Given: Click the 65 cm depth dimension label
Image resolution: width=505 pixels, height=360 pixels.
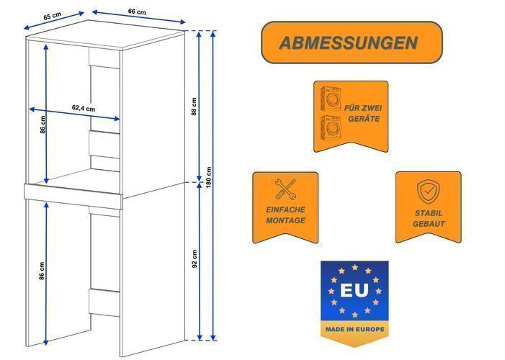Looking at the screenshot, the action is [x=52, y=16].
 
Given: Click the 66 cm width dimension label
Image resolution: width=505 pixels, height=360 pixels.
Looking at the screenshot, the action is [x=137, y=12].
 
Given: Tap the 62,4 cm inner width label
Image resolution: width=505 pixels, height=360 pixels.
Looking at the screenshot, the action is [x=84, y=108].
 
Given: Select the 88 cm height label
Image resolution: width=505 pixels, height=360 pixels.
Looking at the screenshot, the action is [x=194, y=107].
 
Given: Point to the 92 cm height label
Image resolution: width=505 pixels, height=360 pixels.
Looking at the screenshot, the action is [x=195, y=259].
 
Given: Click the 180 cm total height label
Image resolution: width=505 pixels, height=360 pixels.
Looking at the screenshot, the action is [x=209, y=178].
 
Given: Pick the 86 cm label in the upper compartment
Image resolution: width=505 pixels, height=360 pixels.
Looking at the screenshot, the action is [x=43, y=125].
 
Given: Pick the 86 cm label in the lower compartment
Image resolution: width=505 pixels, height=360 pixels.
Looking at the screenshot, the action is [x=42, y=271].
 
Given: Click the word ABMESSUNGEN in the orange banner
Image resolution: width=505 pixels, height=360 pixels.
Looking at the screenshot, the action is [x=349, y=42].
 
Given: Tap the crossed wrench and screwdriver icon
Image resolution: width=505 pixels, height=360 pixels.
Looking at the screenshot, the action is [x=285, y=189].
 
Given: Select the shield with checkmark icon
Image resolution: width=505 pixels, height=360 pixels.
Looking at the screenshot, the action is [x=429, y=192].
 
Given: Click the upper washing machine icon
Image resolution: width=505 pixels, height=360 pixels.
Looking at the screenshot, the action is [x=331, y=99].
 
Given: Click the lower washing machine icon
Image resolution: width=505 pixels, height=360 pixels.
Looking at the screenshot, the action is [x=331, y=128].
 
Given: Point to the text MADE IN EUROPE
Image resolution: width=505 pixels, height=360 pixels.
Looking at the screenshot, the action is [x=354, y=330].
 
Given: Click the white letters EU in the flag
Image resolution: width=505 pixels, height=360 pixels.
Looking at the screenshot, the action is [x=354, y=290].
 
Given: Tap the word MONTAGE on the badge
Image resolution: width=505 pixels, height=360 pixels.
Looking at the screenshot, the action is [x=285, y=220].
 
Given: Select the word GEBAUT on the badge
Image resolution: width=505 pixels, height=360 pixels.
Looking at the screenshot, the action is [x=429, y=224].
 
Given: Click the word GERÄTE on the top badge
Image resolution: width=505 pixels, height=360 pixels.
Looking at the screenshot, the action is [x=364, y=119].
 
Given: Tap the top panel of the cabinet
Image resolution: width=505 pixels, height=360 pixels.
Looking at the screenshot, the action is [x=106, y=35].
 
